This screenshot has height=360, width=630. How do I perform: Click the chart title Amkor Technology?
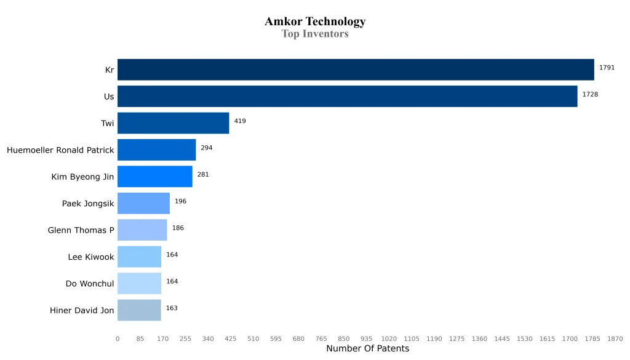(x=315, y=22)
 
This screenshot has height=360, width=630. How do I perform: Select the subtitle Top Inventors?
(x=315, y=34)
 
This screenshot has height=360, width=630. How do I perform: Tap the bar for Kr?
(x=356, y=70)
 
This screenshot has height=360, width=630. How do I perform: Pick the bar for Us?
(x=347, y=97)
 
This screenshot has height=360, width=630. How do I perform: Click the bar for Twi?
(x=173, y=123)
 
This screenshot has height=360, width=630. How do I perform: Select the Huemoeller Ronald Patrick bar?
(x=156, y=150)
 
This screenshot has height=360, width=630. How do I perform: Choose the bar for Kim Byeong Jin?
(x=154, y=177)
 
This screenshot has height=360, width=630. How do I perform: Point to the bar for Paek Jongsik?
(x=143, y=203)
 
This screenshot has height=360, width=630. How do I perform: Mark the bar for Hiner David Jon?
(x=139, y=310)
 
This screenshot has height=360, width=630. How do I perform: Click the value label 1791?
(x=607, y=68)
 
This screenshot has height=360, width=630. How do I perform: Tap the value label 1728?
(x=590, y=95)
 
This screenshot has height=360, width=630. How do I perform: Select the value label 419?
(x=240, y=121)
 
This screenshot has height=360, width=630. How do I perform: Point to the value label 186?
(x=178, y=228)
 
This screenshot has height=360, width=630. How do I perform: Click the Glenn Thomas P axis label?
(x=81, y=230)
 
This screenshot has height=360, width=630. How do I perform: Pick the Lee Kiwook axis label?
(x=91, y=257)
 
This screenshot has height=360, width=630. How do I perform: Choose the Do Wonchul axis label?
(x=90, y=284)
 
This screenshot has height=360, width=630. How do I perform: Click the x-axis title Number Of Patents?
(x=367, y=349)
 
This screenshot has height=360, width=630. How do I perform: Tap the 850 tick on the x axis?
(x=343, y=338)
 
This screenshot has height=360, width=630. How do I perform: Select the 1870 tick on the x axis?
(x=615, y=338)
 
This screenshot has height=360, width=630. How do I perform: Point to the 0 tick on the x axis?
(x=118, y=338)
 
